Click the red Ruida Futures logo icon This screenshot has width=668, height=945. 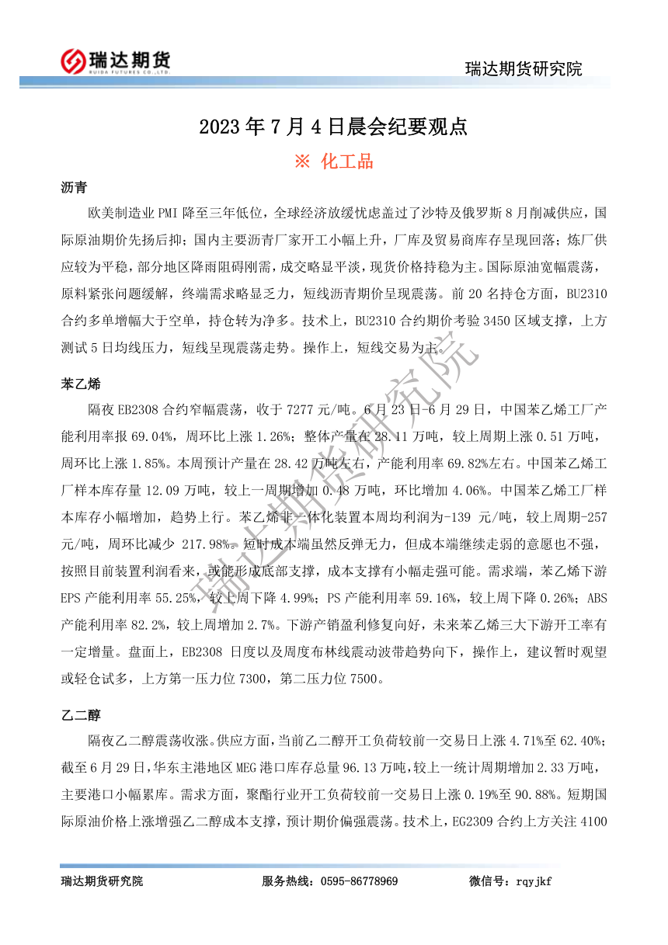click(73, 61)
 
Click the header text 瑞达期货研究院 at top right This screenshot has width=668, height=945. click(523, 68)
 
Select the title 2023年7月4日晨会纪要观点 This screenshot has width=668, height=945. click(333, 127)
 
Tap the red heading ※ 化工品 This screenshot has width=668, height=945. click(333, 162)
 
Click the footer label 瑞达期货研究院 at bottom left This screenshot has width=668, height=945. click(102, 881)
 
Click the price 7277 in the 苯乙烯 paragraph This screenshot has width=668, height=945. click(301, 408)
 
